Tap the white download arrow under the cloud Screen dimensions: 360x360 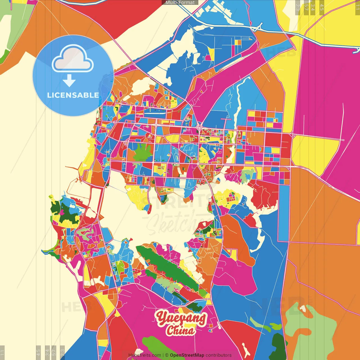[69, 80]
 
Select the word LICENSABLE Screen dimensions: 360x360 [73, 95]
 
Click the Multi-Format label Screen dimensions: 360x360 [180, 3]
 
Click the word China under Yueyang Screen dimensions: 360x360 [181, 330]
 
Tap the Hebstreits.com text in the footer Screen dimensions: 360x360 [145, 355]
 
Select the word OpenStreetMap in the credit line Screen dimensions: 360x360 [187, 355]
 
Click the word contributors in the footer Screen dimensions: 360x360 [219, 355]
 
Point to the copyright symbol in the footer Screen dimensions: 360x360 [167, 355]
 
